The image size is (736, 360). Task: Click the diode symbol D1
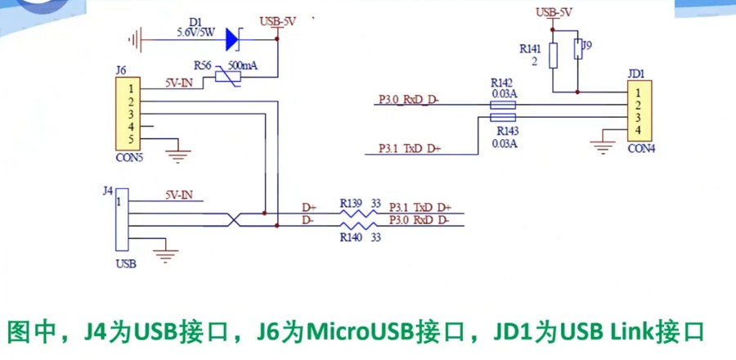point(232,37)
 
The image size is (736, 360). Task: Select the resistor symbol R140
point(357,226)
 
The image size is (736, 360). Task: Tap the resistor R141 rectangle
point(554,55)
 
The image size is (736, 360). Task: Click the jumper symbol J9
point(578,49)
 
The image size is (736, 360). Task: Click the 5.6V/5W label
point(195,34)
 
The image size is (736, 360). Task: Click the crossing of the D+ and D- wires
point(235,218)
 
